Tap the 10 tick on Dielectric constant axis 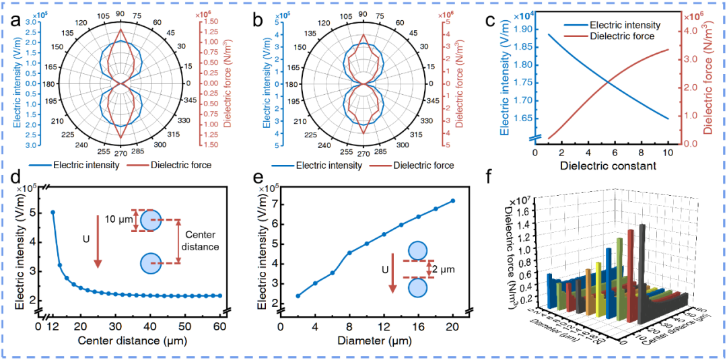point(668,153)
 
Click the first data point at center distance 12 point(53,213)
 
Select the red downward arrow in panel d point(97,249)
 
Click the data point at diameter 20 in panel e point(452,201)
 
